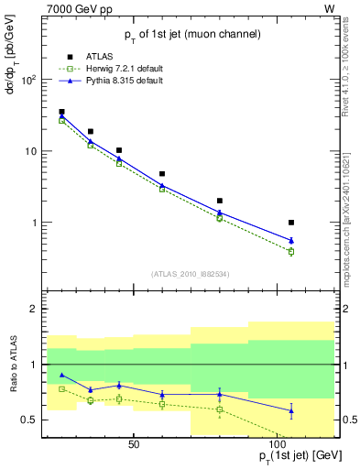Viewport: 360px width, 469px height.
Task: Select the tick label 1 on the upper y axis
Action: [33, 223]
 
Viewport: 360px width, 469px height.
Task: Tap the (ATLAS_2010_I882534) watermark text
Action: [189, 274]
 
